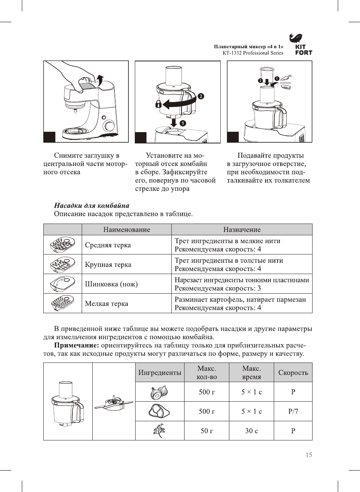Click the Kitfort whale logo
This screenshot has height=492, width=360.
coord(296,38)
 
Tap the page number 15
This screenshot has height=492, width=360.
coord(309,455)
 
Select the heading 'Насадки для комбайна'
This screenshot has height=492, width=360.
coord(92,206)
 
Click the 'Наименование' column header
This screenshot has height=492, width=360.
coord(127,230)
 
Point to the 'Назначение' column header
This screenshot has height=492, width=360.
coord(242,230)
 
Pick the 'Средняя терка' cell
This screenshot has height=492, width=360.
coord(108,245)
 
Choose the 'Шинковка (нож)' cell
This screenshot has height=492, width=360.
coord(111,284)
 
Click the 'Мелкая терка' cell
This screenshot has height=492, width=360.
coord(107,304)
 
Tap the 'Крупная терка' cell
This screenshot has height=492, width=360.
coord(108,265)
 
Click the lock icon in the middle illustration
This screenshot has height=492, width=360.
coord(159,104)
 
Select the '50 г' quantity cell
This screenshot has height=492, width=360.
coord(207,431)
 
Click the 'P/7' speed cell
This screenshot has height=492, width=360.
coord(293,411)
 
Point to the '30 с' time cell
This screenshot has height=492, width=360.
coord(252,431)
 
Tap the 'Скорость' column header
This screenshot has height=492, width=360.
coord(293,373)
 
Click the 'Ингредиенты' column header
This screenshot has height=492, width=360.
coord(160,373)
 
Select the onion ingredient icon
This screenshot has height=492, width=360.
coord(159,392)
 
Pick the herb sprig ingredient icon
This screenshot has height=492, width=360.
coord(159,431)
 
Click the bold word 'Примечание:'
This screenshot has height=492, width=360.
coord(77,345)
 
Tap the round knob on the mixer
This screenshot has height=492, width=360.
coord(109,125)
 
